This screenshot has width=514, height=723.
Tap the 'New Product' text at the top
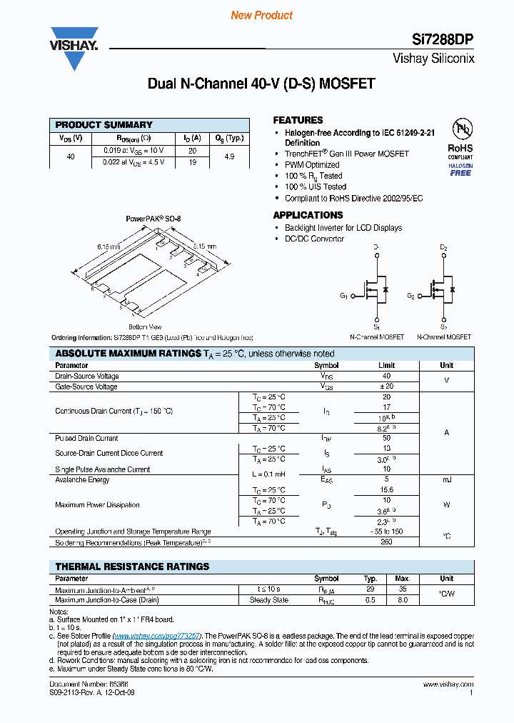tap(261, 15)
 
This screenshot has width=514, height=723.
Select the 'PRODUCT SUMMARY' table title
tap(104, 124)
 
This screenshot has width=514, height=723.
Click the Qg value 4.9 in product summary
tap(229, 156)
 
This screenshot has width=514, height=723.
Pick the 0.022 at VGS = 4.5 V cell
tap(133, 161)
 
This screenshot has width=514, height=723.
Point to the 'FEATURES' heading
tap(298, 120)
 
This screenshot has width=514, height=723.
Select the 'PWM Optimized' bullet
tap(312, 164)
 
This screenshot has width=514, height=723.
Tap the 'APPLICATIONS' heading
tap(308, 215)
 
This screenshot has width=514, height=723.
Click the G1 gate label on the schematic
tap(344, 296)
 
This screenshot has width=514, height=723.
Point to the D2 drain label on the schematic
tap(443, 248)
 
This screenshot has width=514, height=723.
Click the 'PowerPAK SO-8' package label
tap(153, 219)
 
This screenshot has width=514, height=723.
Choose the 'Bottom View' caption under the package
tap(145, 326)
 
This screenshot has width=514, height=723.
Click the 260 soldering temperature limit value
tap(386, 543)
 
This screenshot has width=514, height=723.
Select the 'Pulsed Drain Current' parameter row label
tap(86, 438)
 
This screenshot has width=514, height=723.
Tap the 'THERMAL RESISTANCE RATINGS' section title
tap(132, 567)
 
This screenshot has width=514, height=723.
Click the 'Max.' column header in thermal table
tap(403, 579)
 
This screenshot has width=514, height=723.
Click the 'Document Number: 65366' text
tap(86, 684)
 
